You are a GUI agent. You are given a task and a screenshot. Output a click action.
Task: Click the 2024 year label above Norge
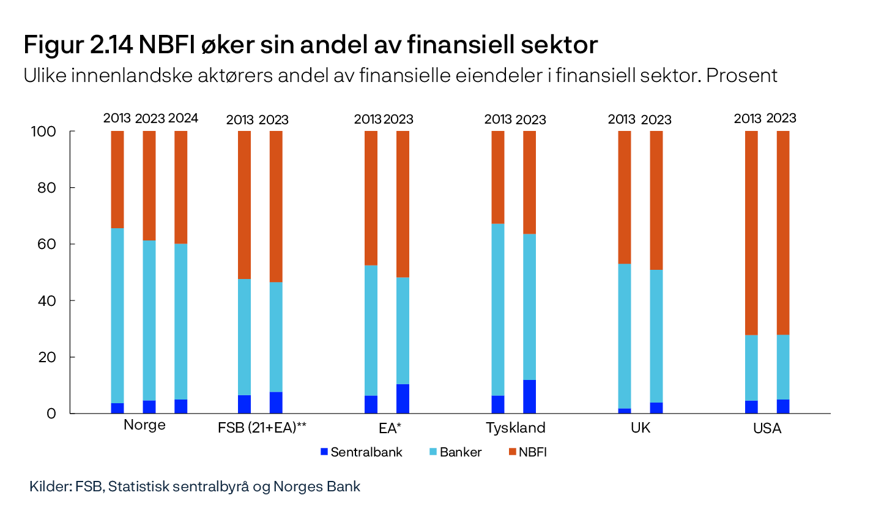[183, 119]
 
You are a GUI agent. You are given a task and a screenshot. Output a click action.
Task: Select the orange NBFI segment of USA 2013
[751, 233]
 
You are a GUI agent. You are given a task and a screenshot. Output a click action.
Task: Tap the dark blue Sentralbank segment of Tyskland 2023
[529, 396]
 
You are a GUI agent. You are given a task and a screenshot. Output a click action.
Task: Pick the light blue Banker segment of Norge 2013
[117, 315]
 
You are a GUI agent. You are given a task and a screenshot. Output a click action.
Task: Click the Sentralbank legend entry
[362, 453]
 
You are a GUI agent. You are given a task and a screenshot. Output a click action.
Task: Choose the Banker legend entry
[456, 453]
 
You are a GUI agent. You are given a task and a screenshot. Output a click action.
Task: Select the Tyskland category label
[515, 427]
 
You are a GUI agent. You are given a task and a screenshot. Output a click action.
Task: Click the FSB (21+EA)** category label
[262, 427]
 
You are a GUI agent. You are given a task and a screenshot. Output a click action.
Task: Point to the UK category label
[641, 427]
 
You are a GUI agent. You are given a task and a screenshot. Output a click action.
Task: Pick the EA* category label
[388, 427]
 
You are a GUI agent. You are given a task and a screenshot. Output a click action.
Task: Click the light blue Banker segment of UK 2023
[656, 336]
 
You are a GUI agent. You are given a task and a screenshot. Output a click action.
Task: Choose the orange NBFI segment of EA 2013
[371, 198]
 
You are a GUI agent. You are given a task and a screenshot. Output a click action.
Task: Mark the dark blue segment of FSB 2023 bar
[276, 403]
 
